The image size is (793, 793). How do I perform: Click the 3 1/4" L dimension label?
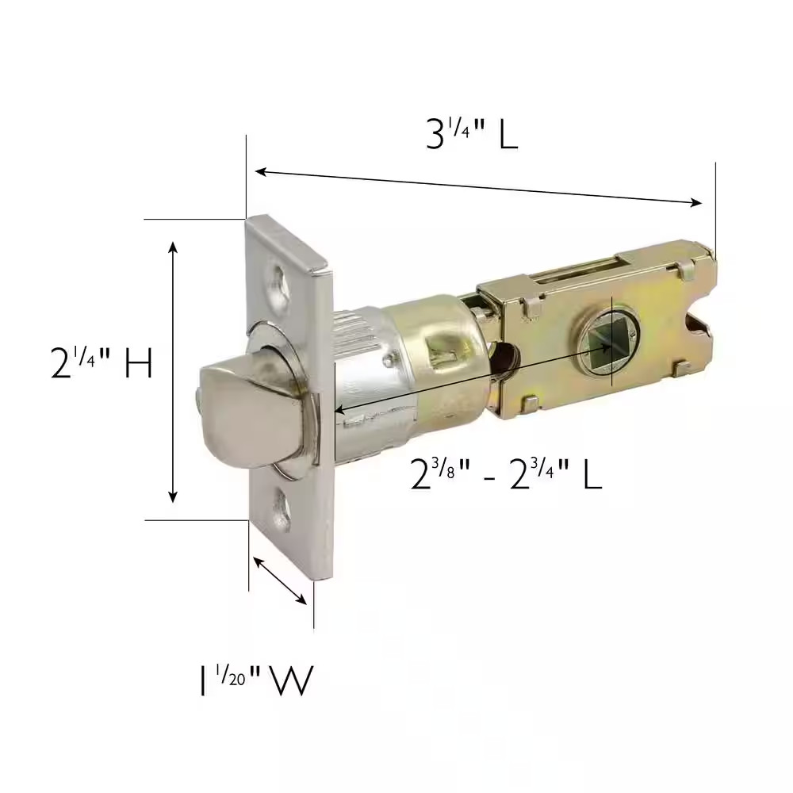coord(471,136)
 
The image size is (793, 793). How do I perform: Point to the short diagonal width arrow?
coord(279,580)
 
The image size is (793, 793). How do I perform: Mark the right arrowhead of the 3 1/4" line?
coord(697,202)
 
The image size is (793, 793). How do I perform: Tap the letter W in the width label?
coord(292,681)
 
